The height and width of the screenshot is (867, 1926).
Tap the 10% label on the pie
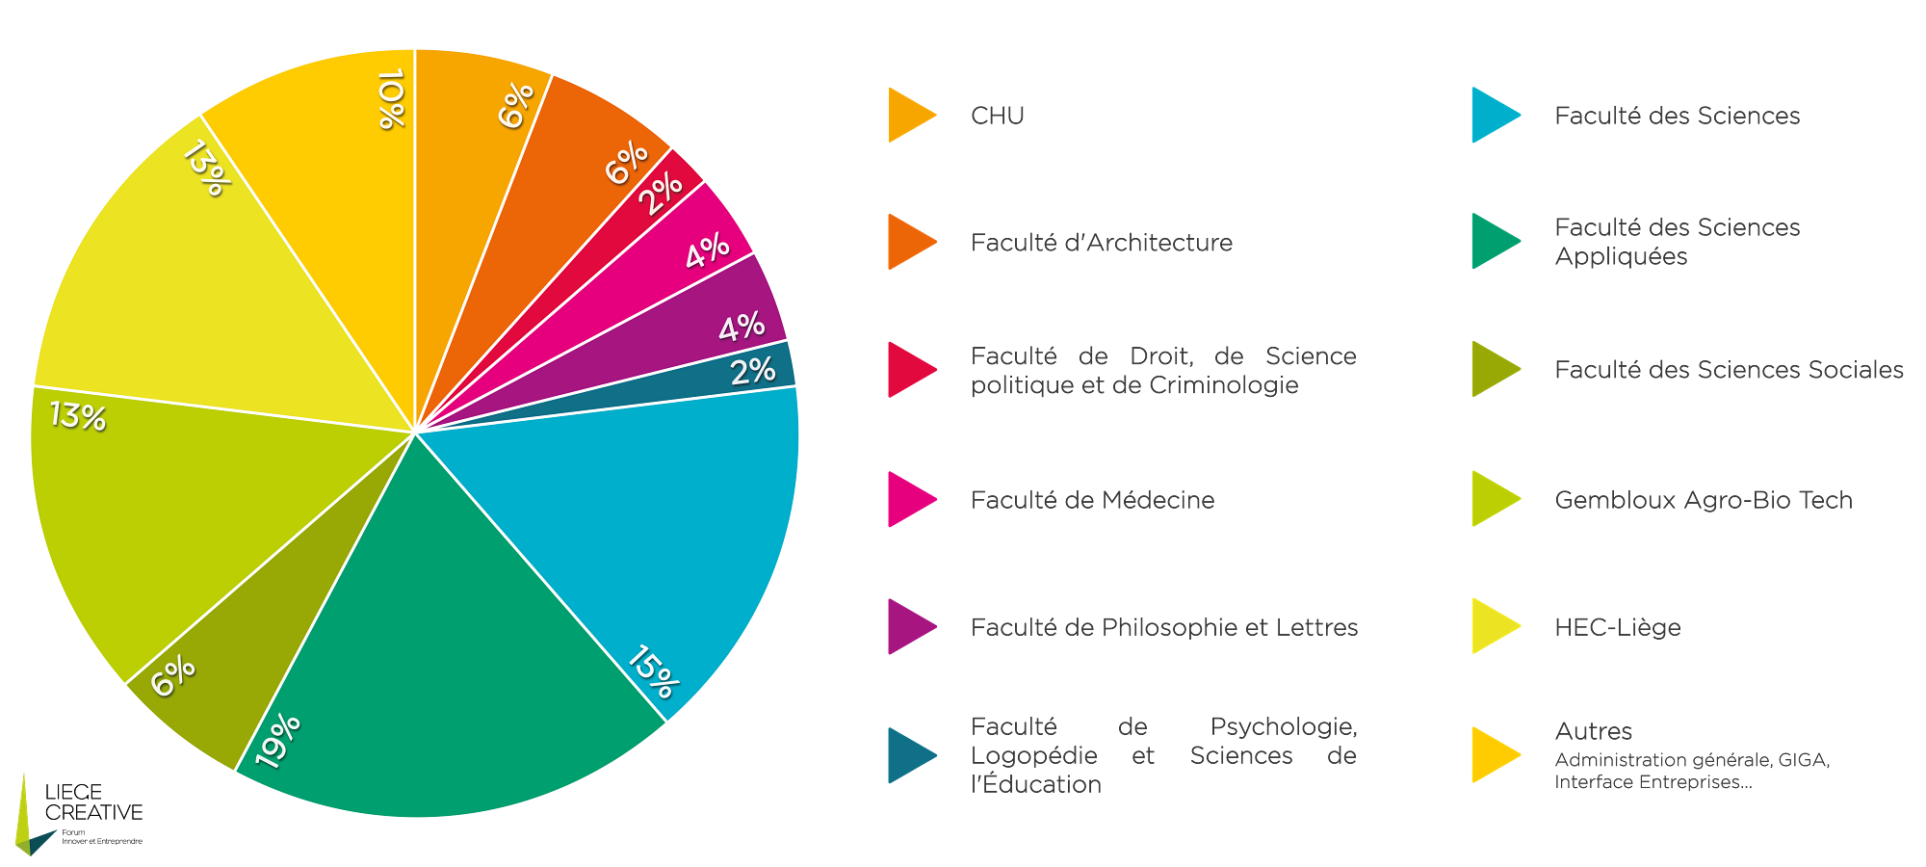(x=390, y=98)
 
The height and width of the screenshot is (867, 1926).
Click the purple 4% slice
(x=713, y=323)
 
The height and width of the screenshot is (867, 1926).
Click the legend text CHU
(x=997, y=116)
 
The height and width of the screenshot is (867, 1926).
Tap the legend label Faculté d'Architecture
(x=1101, y=243)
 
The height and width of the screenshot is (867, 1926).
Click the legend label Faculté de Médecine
(x=1092, y=500)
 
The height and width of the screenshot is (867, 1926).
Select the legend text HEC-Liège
(x=1617, y=627)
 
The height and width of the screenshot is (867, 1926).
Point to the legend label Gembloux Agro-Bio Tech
(x=1703, y=500)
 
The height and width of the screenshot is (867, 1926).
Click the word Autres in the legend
(x=1593, y=731)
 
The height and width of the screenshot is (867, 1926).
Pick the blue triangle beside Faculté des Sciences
(x=1492, y=116)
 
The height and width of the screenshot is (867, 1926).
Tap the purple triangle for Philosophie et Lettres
(x=908, y=627)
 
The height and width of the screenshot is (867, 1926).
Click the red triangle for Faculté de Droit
(x=908, y=369)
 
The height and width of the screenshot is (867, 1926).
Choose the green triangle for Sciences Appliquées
(x=1492, y=241)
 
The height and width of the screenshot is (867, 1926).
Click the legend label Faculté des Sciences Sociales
(x=1729, y=370)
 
